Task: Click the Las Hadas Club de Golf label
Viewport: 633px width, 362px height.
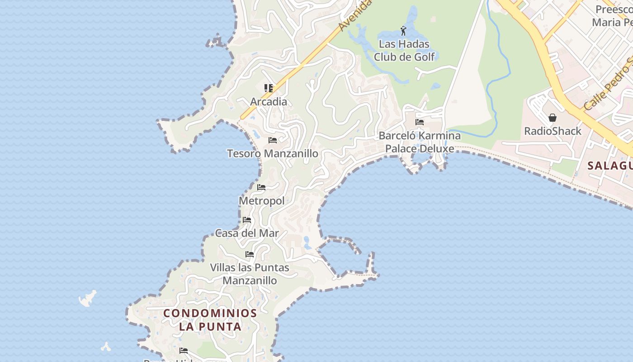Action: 404,50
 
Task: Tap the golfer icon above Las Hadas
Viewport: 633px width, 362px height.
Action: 403,31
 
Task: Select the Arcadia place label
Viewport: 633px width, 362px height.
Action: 269,101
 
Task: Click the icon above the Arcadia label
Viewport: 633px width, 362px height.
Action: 269,88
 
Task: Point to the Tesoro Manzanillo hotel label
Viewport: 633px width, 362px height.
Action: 273,153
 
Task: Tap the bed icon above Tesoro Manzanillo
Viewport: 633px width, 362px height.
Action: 272,140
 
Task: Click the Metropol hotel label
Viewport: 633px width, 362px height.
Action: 261,200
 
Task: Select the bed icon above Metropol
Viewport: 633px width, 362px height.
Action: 261,187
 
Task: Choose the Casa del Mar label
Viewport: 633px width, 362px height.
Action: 247,233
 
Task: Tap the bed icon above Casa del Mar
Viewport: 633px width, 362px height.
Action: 246,220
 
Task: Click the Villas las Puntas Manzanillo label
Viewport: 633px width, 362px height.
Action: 250,274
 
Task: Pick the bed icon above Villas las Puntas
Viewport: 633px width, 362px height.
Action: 250,254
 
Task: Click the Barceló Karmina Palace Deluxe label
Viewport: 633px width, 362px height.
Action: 420,142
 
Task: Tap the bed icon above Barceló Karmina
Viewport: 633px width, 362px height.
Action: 419,122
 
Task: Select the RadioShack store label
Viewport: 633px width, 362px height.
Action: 553,131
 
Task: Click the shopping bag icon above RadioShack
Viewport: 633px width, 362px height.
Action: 552,118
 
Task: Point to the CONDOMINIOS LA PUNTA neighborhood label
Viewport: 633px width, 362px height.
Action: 210,319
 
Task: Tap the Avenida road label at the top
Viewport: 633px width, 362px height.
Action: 355,16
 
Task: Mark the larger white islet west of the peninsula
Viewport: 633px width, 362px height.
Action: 88,298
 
